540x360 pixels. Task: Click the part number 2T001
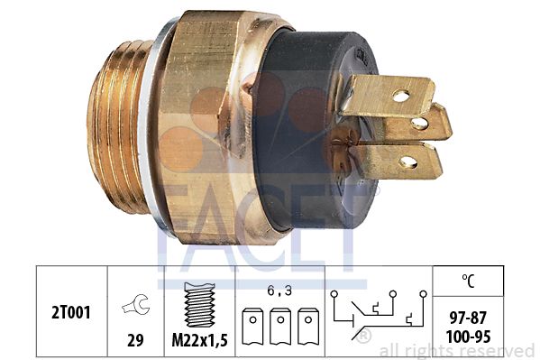[71, 312]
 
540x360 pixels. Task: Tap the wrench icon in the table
[136, 304]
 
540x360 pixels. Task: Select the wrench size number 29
[135, 340]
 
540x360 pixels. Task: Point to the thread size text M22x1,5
[200, 341]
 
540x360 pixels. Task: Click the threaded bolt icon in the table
[200, 305]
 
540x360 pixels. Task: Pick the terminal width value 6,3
[279, 291]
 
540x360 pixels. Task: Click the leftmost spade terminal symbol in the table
[252, 327]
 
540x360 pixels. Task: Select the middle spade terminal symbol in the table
[280, 327]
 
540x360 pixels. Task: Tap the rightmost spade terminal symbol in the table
[308, 327]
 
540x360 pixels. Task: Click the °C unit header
[468, 281]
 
